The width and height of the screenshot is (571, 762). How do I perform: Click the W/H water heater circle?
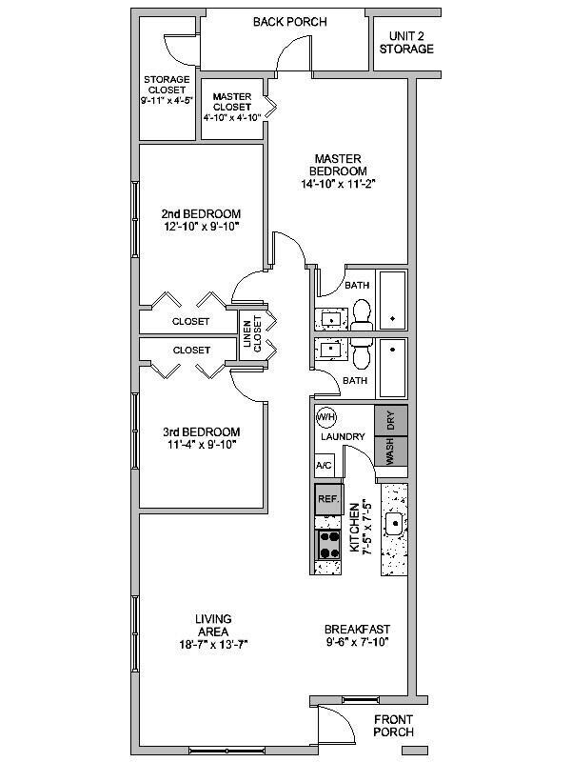(325, 417)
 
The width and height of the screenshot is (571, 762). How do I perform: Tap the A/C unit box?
(324, 466)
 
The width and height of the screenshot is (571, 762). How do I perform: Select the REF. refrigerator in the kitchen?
(328, 498)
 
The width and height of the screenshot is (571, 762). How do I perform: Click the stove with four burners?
(329, 545)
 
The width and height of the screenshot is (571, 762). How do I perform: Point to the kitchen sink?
(393, 521)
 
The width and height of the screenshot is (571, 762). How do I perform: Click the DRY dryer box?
(391, 421)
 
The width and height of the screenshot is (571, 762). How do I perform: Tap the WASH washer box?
(391, 451)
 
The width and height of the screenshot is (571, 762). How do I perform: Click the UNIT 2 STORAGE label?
(406, 42)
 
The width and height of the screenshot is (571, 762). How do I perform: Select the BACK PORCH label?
(290, 22)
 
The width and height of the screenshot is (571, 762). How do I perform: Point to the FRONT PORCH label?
(394, 726)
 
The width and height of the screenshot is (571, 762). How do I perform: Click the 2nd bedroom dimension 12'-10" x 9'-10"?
(200, 228)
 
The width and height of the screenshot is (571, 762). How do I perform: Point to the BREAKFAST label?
(357, 630)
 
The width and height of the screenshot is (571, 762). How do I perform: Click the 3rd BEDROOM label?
(201, 431)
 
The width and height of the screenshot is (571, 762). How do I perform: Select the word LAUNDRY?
(344, 437)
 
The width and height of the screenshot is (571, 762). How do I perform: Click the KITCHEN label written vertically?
(354, 528)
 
